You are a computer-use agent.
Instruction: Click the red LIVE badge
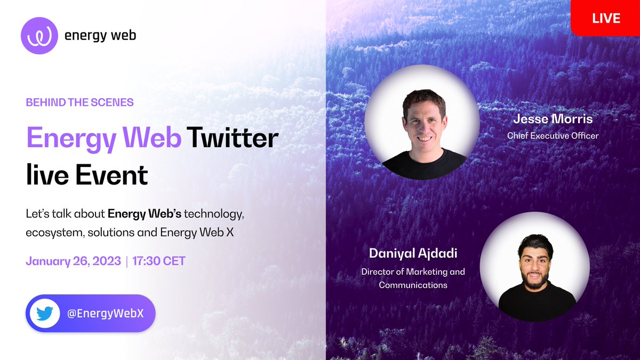point(606,18)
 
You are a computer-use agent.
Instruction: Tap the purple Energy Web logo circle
point(39,36)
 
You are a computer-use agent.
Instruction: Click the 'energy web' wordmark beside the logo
point(100,36)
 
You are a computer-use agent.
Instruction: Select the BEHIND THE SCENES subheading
point(79,102)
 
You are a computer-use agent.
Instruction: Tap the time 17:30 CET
point(158,262)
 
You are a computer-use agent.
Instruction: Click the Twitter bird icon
point(45,314)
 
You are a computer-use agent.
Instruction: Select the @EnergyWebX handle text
point(105,314)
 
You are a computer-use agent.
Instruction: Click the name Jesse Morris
point(552,118)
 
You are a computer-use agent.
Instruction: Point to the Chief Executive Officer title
point(553,135)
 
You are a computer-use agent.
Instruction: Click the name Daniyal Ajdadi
point(413,254)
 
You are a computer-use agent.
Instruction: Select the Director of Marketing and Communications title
point(413,278)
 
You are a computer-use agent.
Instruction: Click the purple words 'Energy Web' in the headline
point(102,139)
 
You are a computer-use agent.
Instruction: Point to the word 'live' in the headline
point(46,175)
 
